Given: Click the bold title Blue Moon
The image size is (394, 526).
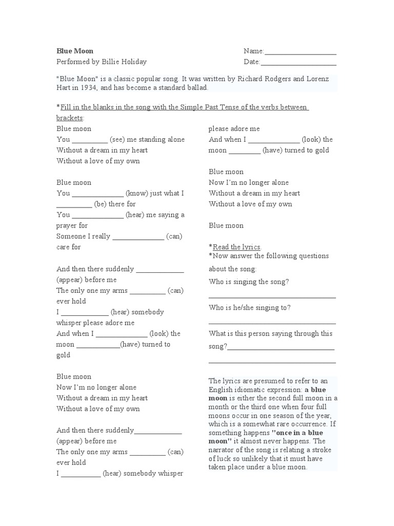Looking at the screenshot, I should [75, 51].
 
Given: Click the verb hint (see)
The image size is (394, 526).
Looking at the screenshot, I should [119, 139].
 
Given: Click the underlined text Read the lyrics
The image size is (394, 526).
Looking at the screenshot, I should [237, 247].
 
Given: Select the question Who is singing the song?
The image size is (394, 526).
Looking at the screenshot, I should [249, 281].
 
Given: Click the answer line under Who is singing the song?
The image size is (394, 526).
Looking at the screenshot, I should [272, 297].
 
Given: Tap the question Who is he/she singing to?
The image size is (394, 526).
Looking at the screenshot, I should [250, 307].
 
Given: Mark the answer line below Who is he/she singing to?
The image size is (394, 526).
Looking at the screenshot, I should [272, 323].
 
